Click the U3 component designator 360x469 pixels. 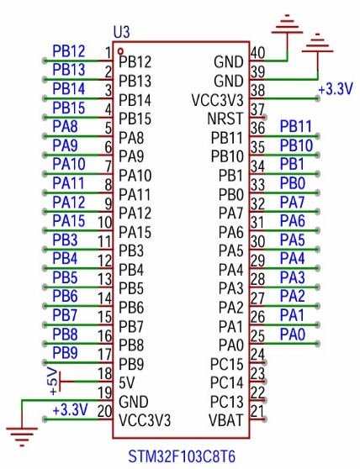click(121, 32)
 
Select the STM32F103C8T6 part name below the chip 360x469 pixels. click(182, 456)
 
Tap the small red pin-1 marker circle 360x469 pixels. click(120, 50)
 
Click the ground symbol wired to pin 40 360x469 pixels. click(288, 24)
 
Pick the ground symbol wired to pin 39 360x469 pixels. click(317, 44)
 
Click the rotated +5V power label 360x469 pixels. click(53, 382)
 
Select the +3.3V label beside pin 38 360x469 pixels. click(336, 89)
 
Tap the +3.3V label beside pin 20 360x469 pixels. click(70, 409)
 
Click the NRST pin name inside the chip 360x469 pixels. click(225, 119)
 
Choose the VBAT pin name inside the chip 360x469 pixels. click(225, 420)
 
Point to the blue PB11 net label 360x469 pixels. click(296, 127)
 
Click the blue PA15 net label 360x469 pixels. click(69, 221)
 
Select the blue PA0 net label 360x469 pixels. click(293, 335)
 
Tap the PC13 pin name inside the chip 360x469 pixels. click(226, 402)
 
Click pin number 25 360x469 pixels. click(257, 335)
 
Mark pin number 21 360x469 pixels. click(257, 411)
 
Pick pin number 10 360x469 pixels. click(105, 222)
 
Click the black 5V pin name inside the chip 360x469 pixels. click(126, 382)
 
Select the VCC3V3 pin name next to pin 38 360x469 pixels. click(217, 100)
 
